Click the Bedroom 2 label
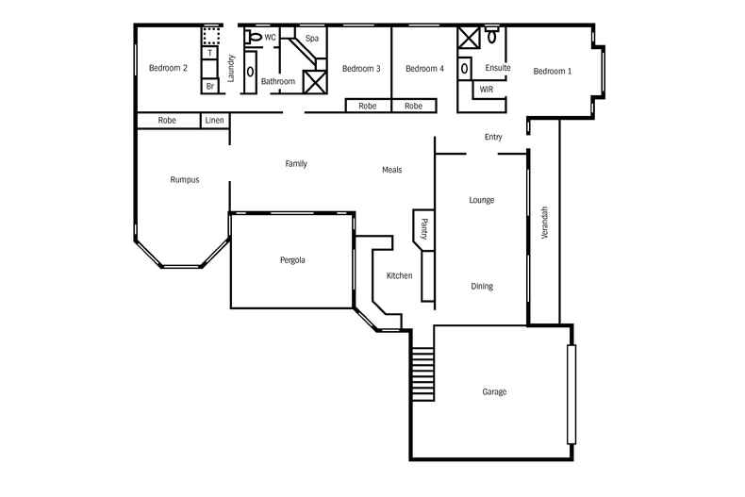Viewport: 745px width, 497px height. pyautogui.click(x=168, y=68)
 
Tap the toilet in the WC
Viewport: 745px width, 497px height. pyautogui.click(x=253, y=38)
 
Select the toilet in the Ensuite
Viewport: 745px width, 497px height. pyautogui.click(x=491, y=36)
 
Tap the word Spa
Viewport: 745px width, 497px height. pyautogui.click(x=311, y=39)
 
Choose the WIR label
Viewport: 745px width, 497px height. pyautogui.click(x=487, y=90)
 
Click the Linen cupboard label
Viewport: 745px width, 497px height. pyautogui.click(x=215, y=121)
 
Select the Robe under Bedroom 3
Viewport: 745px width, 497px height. pyautogui.click(x=368, y=107)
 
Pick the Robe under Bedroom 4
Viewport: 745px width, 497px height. pyautogui.click(x=414, y=107)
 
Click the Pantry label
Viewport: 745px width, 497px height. pyautogui.click(x=423, y=229)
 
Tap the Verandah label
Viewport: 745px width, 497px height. pyautogui.click(x=543, y=223)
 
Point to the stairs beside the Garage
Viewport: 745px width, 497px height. pyautogui.click(x=422, y=374)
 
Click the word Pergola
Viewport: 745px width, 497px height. pyautogui.click(x=292, y=259)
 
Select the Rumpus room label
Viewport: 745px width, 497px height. pyautogui.click(x=185, y=179)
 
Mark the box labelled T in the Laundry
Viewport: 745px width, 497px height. pyautogui.click(x=211, y=53)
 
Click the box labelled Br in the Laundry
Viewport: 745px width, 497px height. pyautogui.click(x=211, y=86)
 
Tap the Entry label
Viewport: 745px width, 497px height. pyautogui.click(x=493, y=137)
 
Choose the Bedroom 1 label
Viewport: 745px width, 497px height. pyautogui.click(x=552, y=71)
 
